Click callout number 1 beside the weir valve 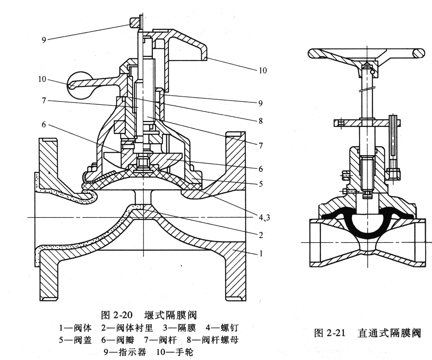[x=261, y=253]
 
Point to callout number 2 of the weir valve [x=260, y=235]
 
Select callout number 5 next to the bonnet [x=260, y=184]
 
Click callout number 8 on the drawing [x=260, y=121]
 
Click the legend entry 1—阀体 [x=75, y=328]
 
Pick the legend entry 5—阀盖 [x=75, y=340]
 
